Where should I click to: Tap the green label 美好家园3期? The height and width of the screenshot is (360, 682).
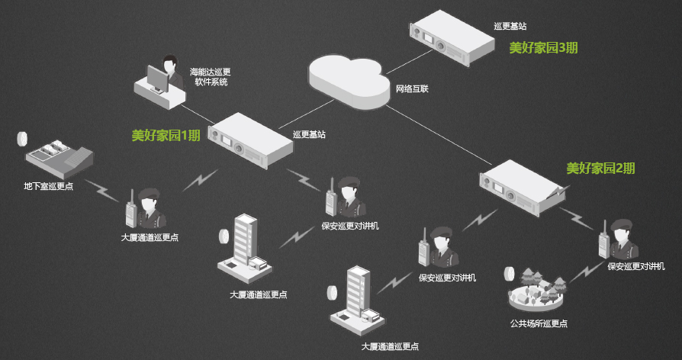point(543,47)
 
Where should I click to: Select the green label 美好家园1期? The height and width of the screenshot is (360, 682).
point(166,136)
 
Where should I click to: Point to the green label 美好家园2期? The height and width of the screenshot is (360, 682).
point(600,169)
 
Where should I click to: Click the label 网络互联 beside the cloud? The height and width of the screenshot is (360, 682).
point(412,88)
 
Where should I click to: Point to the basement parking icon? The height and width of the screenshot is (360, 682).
point(58,156)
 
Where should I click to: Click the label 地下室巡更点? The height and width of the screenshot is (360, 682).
point(48,187)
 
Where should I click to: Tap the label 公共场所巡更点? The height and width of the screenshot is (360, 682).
point(539,323)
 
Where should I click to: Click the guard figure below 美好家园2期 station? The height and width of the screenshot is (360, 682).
point(619,240)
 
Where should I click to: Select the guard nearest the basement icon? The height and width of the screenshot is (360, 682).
point(148,207)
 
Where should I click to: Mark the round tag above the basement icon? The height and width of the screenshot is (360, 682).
point(22,138)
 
